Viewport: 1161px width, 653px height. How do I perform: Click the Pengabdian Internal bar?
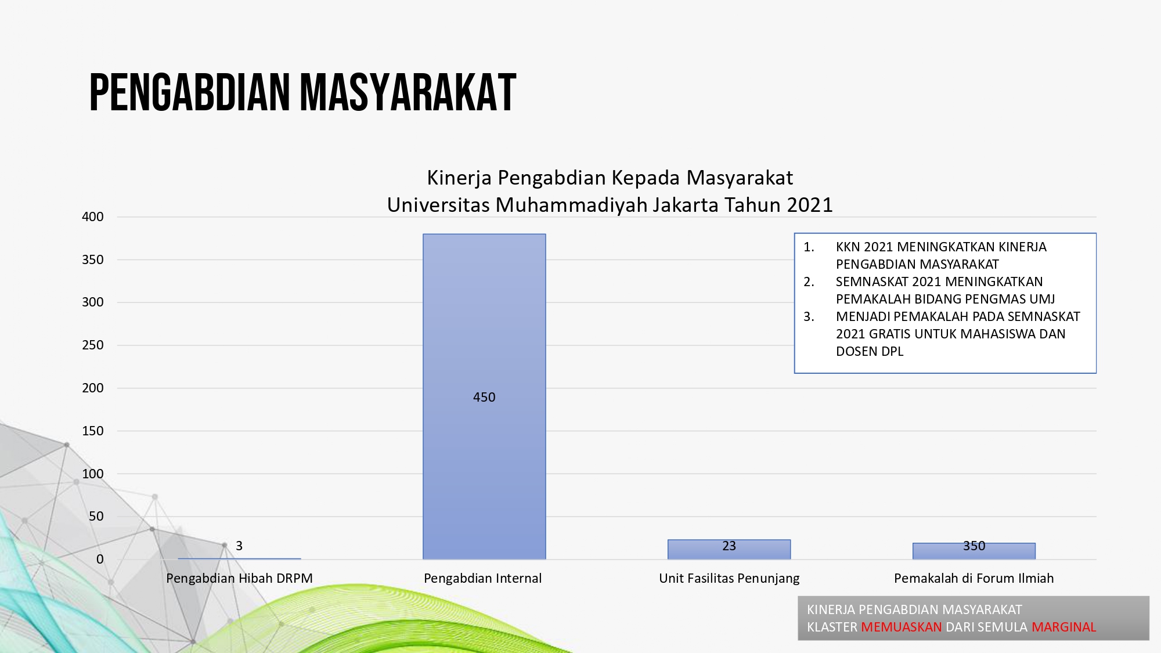484,396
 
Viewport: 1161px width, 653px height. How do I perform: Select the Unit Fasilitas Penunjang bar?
729,550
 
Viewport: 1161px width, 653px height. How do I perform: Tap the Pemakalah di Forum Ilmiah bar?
974,551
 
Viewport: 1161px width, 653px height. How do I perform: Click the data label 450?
484,397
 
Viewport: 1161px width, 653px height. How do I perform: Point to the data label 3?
239,546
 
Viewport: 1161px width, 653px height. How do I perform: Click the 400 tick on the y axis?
93,217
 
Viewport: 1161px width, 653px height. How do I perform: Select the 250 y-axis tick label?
93,345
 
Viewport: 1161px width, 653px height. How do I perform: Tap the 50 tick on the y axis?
96,516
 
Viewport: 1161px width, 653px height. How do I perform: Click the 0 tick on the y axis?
100,559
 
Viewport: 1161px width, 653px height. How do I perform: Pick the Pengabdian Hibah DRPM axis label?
239,578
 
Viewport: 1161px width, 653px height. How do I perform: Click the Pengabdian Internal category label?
483,578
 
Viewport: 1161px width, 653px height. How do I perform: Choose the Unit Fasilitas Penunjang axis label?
729,578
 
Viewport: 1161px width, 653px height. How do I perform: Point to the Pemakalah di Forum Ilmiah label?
974,578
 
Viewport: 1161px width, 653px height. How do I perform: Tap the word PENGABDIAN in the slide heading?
190,92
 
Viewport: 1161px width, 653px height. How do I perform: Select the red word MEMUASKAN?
902,627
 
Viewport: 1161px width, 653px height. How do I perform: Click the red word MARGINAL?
1064,627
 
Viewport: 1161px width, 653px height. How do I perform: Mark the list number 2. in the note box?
809,282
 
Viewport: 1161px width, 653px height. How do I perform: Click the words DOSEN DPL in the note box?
870,351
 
